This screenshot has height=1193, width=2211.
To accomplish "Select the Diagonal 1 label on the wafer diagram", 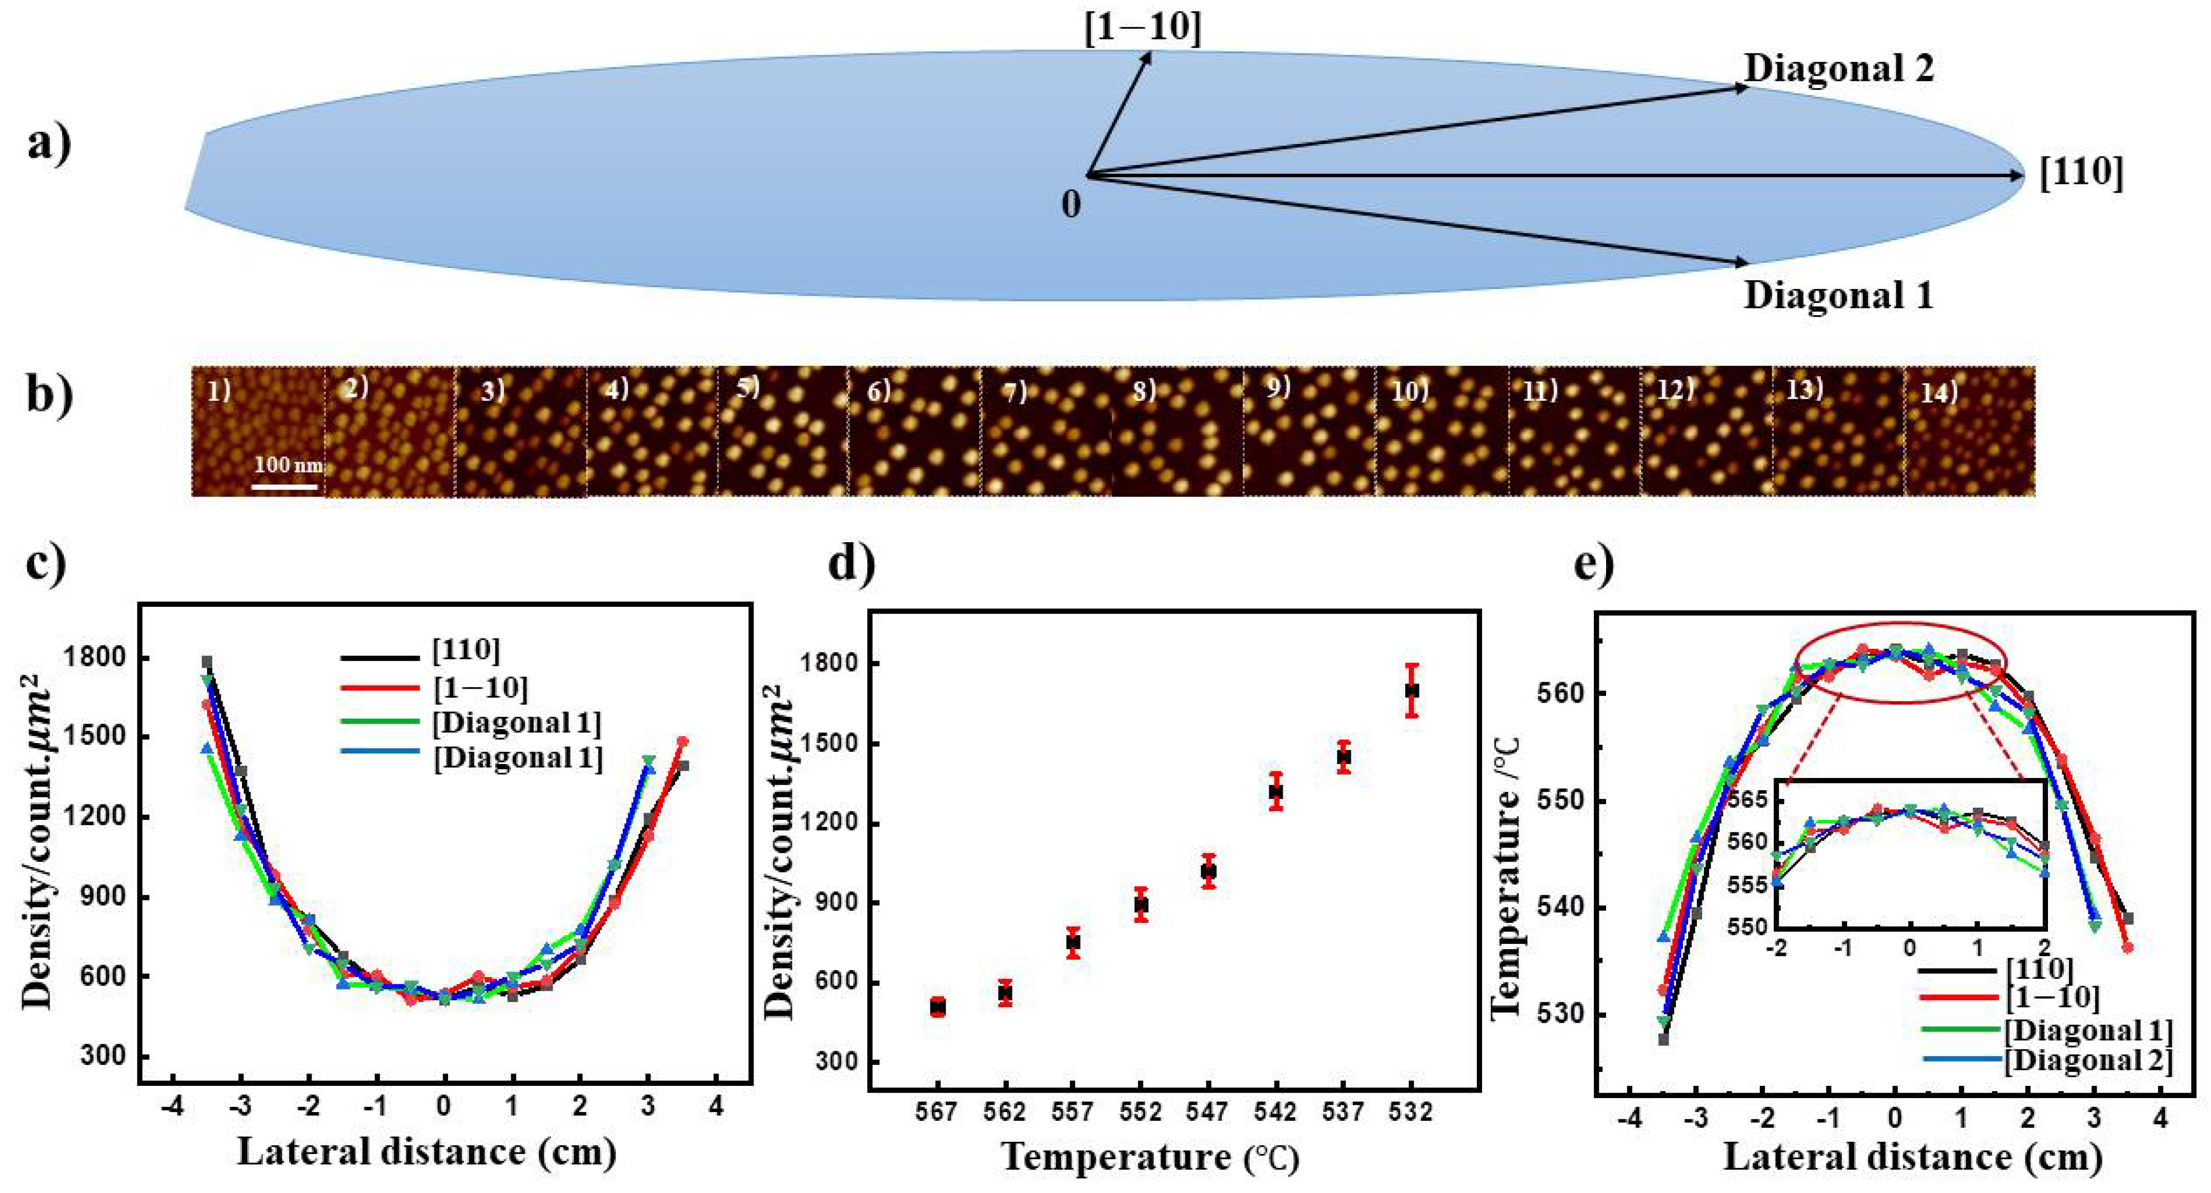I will (x=1838, y=296).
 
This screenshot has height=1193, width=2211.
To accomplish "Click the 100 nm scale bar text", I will (x=289, y=465).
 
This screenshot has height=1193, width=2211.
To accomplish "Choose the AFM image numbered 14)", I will (x=1969, y=431).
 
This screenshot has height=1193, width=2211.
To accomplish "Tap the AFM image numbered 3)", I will (x=520, y=431).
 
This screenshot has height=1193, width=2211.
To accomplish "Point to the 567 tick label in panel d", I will (x=937, y=1113).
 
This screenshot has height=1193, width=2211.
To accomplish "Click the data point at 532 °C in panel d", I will (x=1412, y=690).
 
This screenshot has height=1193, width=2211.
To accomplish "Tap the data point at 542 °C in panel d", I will (x=1276, y=791).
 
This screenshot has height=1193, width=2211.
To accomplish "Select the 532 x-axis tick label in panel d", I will (x=1411, y=1113).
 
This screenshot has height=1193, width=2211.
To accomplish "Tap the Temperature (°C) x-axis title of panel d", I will (x=1150, y=1157).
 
